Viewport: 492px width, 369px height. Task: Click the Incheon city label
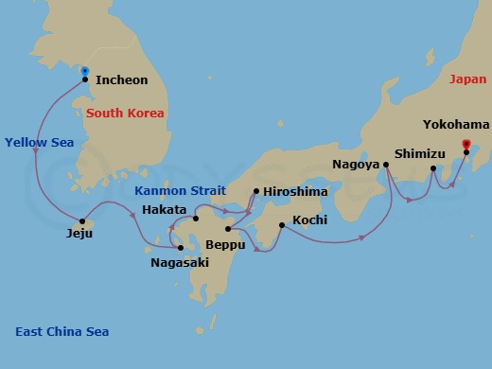click(x=122, y=80)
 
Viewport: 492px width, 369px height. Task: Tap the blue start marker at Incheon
click(x=85, y=71)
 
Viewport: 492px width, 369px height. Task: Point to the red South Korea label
click(x=125, y=114)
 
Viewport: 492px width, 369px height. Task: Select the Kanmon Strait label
click(x=174, y=190)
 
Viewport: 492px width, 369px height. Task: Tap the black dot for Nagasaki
click(x=181, y=248)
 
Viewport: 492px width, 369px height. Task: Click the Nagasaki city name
click(x=180, y=263)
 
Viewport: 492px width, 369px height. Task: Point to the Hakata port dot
click(x=196, y=219)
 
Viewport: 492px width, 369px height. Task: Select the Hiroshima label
click(x=295, y=191)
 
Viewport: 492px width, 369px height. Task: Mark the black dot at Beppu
click(x=228, y=229)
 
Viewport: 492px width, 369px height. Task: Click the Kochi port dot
click(x=282, y=224)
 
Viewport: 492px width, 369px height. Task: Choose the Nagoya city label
click(x=356, y=164)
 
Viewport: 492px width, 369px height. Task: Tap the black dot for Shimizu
click(x=433, y=169)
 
